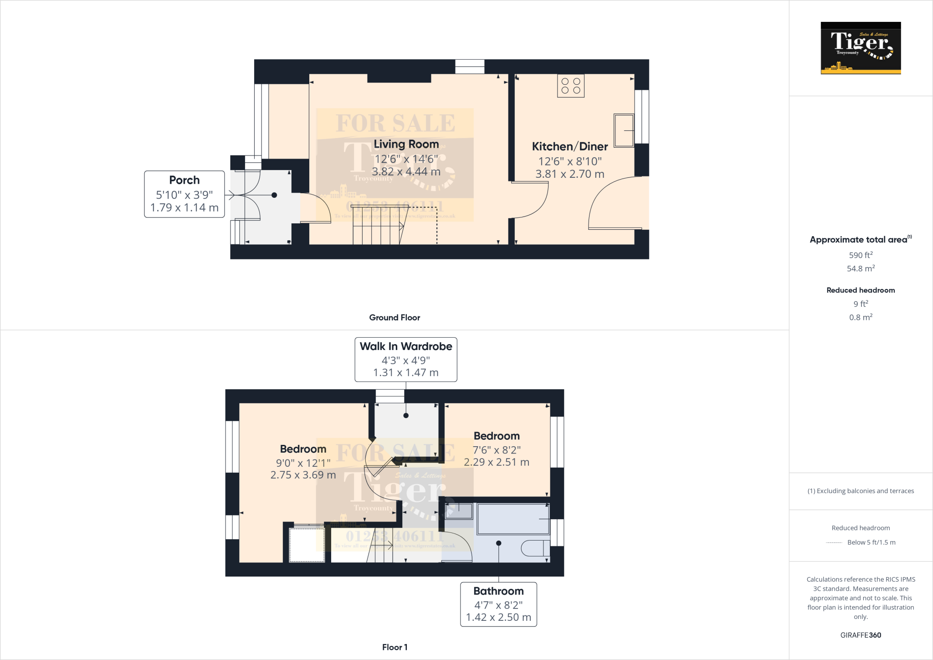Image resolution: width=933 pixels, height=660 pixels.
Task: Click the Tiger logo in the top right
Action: coord(861,48)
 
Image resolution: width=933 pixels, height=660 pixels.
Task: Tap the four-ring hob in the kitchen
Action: coord(570,86)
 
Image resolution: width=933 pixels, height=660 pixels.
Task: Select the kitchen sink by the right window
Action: coord(624,130)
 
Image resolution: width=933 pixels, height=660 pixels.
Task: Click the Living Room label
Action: coord(406,144)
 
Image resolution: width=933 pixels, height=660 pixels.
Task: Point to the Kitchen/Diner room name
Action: coord(569,146)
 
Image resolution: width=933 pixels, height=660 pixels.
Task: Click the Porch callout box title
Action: coord(184,180)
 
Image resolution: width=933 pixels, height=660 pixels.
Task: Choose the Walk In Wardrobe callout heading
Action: coord(405,346)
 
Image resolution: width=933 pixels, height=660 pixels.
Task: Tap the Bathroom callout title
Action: coord(498,591)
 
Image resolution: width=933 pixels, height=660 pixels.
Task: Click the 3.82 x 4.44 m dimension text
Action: coord(406,172)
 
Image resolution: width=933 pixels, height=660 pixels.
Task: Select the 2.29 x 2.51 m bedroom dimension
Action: coord(496,462)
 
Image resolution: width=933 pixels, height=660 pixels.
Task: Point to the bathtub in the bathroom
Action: coord(513,519)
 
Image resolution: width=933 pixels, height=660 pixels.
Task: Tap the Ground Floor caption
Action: coord(395,318)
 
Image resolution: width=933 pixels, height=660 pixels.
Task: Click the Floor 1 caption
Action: coord(395,647)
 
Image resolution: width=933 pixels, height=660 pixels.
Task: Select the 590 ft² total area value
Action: coord(861,255)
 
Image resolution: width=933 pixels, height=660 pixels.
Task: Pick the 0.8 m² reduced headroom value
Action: coord(861,317)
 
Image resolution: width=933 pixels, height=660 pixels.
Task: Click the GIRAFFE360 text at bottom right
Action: coord(861,635)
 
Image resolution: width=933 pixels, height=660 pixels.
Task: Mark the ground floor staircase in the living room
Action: coord(377,226)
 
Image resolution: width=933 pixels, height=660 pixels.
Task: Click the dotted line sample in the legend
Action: coord(834,542)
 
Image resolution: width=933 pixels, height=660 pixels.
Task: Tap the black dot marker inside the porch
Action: coord(274,195)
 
